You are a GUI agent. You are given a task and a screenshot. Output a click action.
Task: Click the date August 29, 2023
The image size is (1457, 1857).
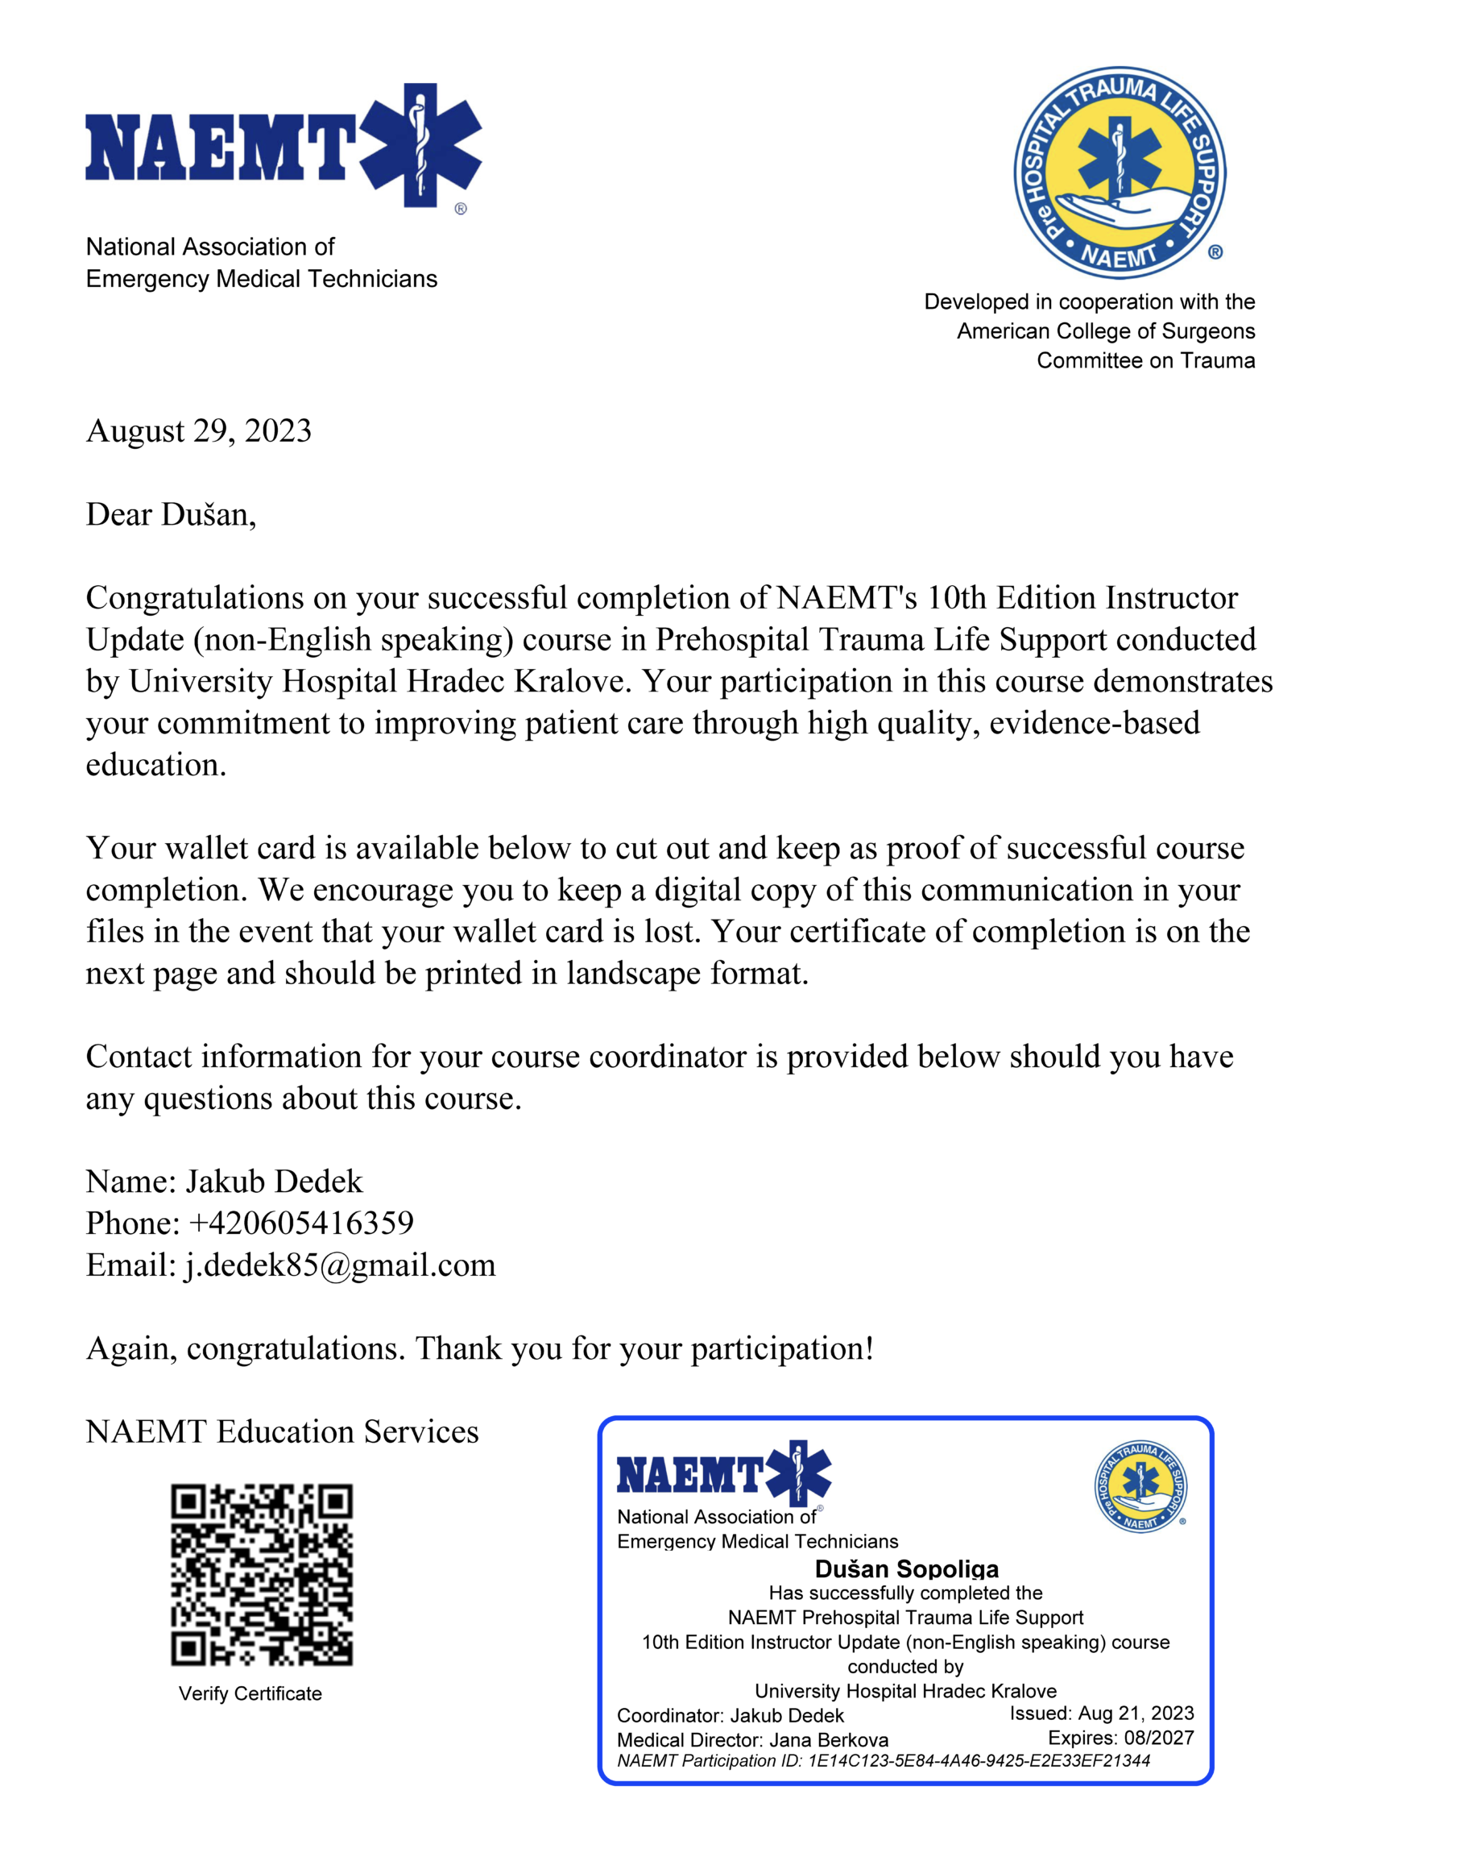pyautogui.click(x=199, y=431)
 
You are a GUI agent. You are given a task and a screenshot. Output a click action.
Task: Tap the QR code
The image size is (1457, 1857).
pyautogui.click(x=261, y=1576)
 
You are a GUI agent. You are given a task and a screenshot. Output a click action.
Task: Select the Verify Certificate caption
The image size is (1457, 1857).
pyautogui.click(x=250, y=1694)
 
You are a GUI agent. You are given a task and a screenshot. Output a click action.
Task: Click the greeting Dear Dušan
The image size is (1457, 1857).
pyautogui.click(x=171, y=514)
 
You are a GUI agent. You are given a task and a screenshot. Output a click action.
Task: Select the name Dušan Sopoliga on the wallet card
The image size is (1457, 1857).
pyautogui.click(x=906, y=1568)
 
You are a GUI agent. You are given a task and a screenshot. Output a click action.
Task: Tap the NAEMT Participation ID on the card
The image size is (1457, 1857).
pyautogui.click(x=883, y=1760)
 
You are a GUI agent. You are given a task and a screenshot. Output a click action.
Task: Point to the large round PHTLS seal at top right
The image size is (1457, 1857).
pyautogui.click(x=1120, y=173)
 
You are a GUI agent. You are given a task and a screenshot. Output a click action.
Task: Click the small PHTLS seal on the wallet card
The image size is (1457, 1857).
pyautogui.click(x=1140, y=1486)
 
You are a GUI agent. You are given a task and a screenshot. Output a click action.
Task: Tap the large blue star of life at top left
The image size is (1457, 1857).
pyautogui.click(x=420, y=145)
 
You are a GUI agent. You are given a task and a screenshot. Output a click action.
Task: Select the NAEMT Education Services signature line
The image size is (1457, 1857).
pyautogui.click(x=283, y=1432)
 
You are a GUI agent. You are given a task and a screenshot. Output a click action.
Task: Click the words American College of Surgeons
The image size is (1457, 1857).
pyautogui.click(x=1106, y=331)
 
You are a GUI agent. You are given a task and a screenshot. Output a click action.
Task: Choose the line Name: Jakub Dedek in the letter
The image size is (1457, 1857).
pyautogui.click(x=225, y=1181)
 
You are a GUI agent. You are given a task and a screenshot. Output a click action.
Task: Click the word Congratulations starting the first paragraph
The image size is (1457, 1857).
pyautogui.click(x=194, y=598)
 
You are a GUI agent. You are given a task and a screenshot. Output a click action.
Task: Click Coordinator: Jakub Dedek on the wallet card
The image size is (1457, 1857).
pyautogui.click(x=731, y=1715)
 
